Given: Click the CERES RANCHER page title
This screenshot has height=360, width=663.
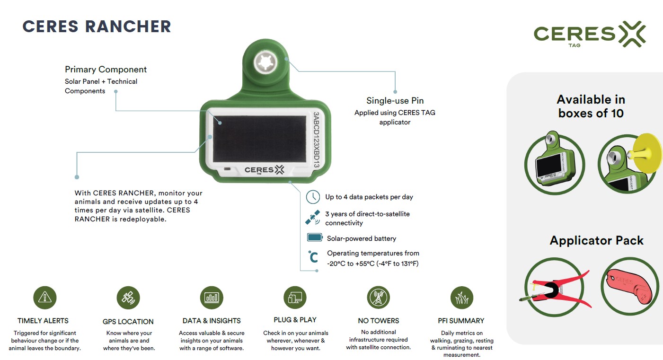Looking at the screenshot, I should pyautogui.click(x=97, y=26).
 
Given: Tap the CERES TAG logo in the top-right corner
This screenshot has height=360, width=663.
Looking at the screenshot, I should pyautogui.click(x=589, y=34).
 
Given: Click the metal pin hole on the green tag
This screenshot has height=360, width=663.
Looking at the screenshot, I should pyautogui.click(x=264, y=63).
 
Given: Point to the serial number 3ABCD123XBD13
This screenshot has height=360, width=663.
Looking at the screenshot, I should pyautogui.click(x=317, y=141).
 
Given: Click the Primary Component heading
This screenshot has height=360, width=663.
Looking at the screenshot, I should pyautogui.click(x=106, y=70).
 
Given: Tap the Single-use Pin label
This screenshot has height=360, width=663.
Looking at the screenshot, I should pyautogui.click(x=395, y=100).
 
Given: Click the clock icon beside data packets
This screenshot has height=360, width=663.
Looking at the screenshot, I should pyautogui.click(x=313, y=197).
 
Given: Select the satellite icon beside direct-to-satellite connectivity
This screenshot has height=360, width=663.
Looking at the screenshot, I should pyautogui.click(x=312, y=218).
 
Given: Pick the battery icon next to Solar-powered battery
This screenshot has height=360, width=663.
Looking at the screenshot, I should pyautogui.click(x=314, y=238).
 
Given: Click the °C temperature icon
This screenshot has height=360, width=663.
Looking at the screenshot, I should pyautogui.click(x=313, y=256).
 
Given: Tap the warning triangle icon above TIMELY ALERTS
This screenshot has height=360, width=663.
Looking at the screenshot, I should pyautogui.click(x=45, y=297).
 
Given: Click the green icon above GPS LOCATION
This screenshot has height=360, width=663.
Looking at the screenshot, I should pyautogui.click(x=128, y=298).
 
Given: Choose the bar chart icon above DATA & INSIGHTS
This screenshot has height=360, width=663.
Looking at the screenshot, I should pyautogui.click(x=212, y=298).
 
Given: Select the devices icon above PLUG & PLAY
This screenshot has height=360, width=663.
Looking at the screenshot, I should pyautogui.click(x=295, y=298).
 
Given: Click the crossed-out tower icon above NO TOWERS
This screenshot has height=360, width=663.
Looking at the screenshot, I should pyautogui.click(x=378, y=298).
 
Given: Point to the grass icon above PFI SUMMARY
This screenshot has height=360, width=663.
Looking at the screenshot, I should pyautogui.click(x=461, y=298).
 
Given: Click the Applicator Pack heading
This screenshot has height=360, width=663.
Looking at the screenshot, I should pyautogui.click(x=596, y=240).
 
